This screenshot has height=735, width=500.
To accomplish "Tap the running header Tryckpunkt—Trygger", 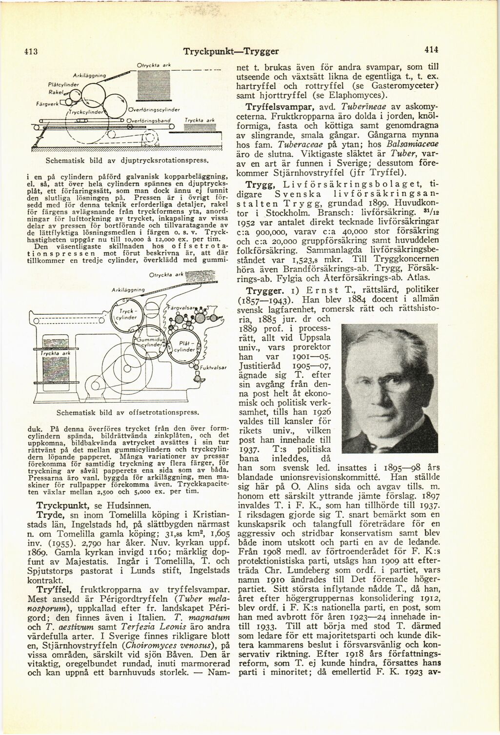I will [x=230, y=50].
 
